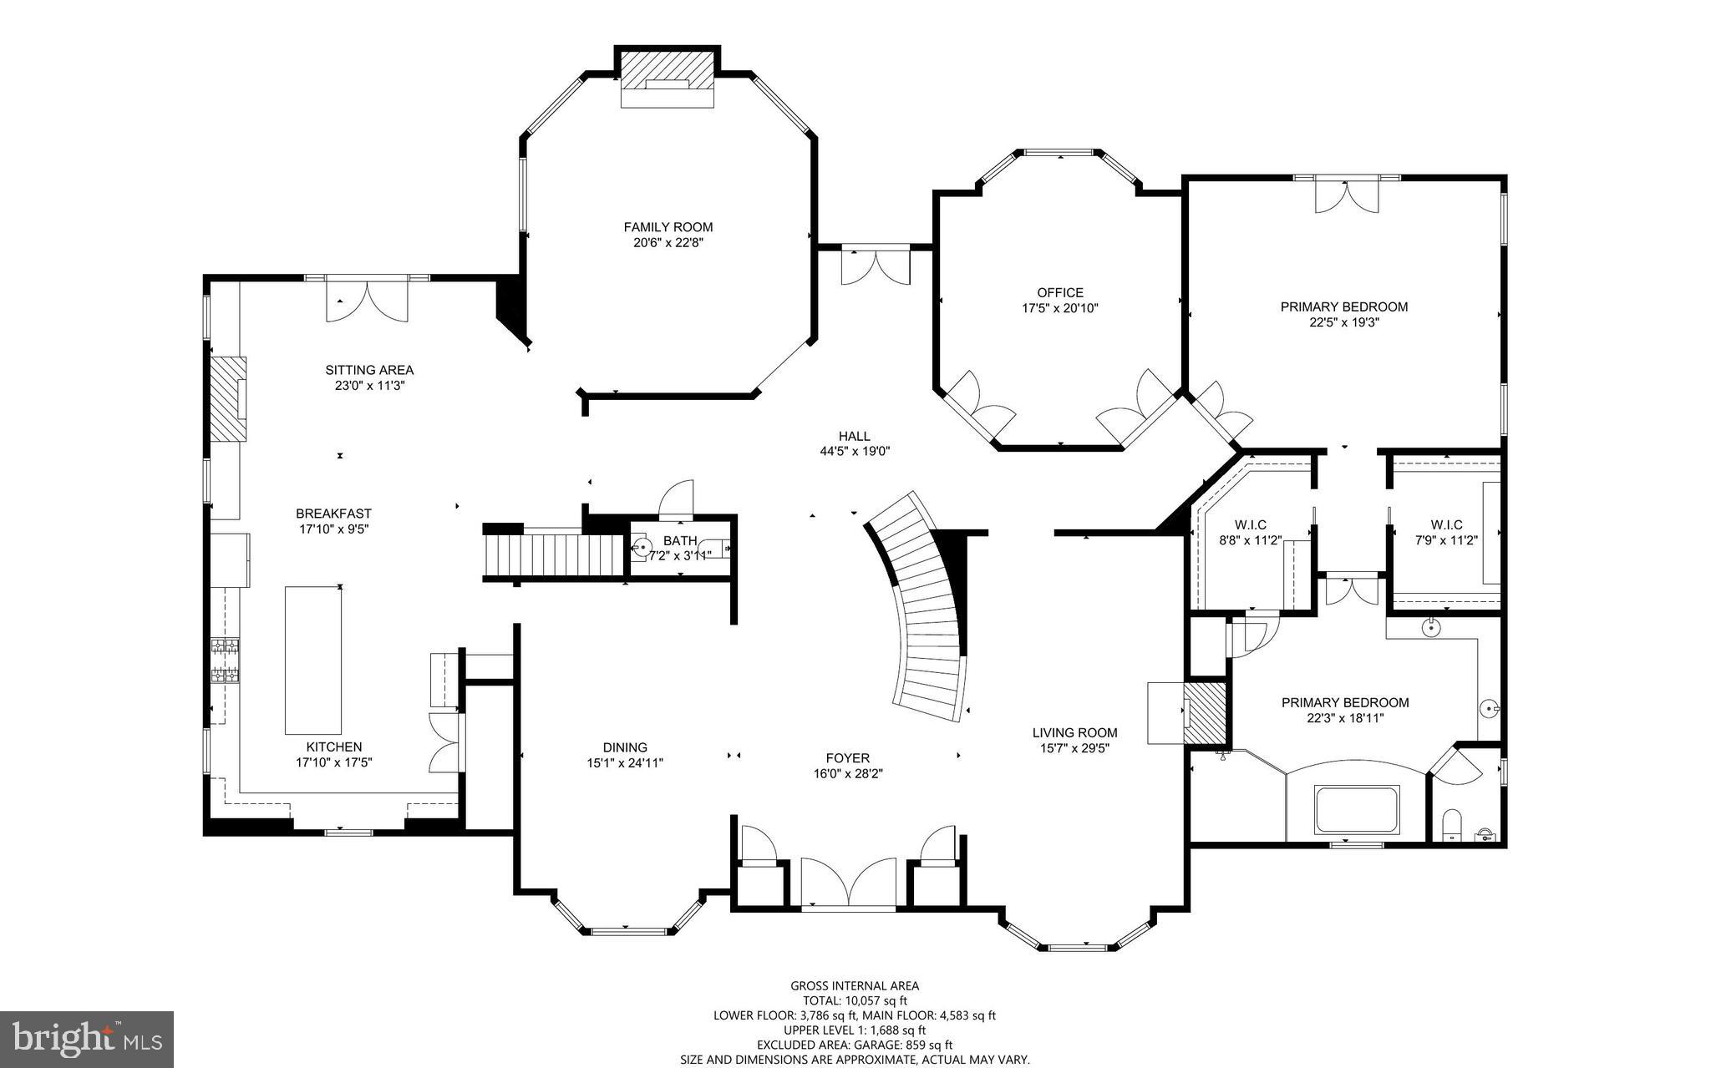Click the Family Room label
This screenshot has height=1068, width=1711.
click(668, 227)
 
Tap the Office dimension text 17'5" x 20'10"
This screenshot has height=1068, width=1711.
click(1060, 308)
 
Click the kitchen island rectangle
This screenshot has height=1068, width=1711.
click(312, 660)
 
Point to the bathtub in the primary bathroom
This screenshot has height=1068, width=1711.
click(1356, 809)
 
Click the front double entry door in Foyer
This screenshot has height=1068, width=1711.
click(848, 882)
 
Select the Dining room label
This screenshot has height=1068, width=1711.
click(625, 747)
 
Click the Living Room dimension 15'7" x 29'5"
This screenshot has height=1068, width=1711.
click(1074, 748)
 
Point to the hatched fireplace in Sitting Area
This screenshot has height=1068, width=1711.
click(227, 398)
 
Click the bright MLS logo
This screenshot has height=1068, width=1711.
click(87, 1040)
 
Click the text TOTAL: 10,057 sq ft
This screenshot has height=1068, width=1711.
click(854, 1000)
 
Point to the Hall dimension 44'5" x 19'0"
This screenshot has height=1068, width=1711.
click(855, 451)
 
